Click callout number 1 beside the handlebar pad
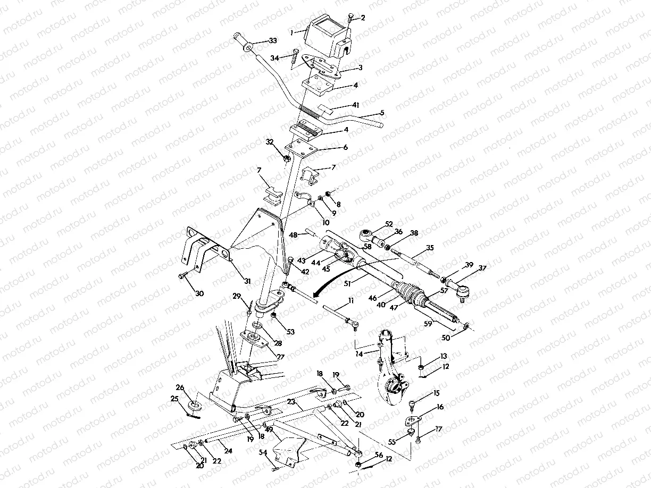tap(291, 32)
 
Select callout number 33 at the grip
tap(273, 41)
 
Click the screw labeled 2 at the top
tap(352, 19)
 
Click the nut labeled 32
tap(286, 158)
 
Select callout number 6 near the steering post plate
tap(345, 147)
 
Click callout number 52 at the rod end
tap(389, 224)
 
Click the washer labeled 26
tap(195, 406)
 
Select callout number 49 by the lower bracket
tap(269, 430)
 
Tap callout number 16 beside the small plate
tap(440, 407)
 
